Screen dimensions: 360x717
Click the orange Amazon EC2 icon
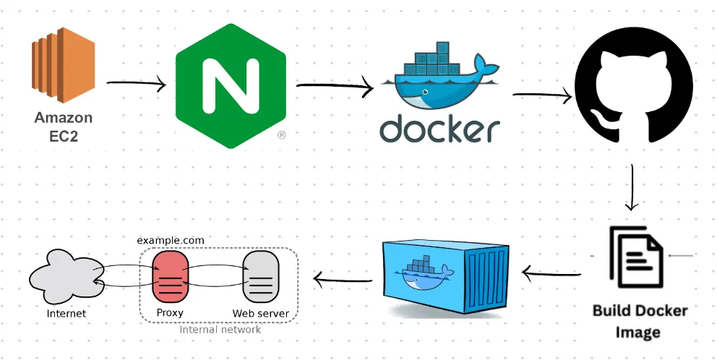pos(63,66)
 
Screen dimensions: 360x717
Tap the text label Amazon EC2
pos(63,126)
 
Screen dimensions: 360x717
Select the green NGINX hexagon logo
pos(231,85)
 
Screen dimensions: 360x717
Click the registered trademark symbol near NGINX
pos(281,135)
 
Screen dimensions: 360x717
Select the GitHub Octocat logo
pos(633,86)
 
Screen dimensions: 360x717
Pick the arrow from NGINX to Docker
pos(334,87)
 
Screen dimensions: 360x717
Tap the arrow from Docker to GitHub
pos(542,95)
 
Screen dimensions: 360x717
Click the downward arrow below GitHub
pos(632,187)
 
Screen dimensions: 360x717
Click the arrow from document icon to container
pos(551,274)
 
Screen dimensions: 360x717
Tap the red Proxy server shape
pos(171,278)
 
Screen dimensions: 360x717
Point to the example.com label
pos(171,239)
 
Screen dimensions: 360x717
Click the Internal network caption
pos(220,330)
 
